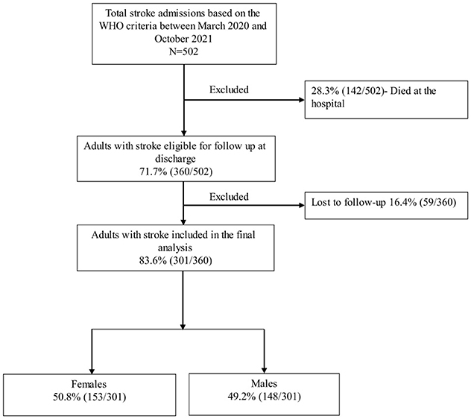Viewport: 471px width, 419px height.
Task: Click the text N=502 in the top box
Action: [183, 51]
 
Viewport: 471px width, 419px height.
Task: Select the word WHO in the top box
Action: [110, 26]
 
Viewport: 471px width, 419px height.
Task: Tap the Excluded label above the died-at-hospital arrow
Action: [229, 89]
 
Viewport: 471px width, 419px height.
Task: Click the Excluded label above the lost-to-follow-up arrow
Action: [229, 197]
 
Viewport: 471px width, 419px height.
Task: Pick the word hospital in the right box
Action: [328, 104]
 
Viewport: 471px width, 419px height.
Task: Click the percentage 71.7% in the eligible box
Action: [154, 171]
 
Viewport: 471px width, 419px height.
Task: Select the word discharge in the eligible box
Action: [175, 159]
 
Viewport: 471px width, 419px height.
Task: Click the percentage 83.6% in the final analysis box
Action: [153, 260]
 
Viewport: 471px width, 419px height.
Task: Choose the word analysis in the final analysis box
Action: [175, 248]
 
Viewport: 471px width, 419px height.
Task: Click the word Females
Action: [89, 384]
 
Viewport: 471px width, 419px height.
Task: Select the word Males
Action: [264, 383]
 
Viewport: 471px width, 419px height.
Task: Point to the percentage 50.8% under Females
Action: [66, 397]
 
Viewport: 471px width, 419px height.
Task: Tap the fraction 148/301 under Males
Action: [282, 397]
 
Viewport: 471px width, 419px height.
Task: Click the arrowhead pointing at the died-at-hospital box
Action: [302, 100]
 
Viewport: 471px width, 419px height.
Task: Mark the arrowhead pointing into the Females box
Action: [92, 371]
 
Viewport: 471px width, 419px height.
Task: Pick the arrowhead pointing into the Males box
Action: [265, 370]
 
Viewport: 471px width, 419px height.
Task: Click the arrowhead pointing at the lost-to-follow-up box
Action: [302, 206]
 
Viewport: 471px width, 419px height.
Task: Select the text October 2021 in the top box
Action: [183, 39]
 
